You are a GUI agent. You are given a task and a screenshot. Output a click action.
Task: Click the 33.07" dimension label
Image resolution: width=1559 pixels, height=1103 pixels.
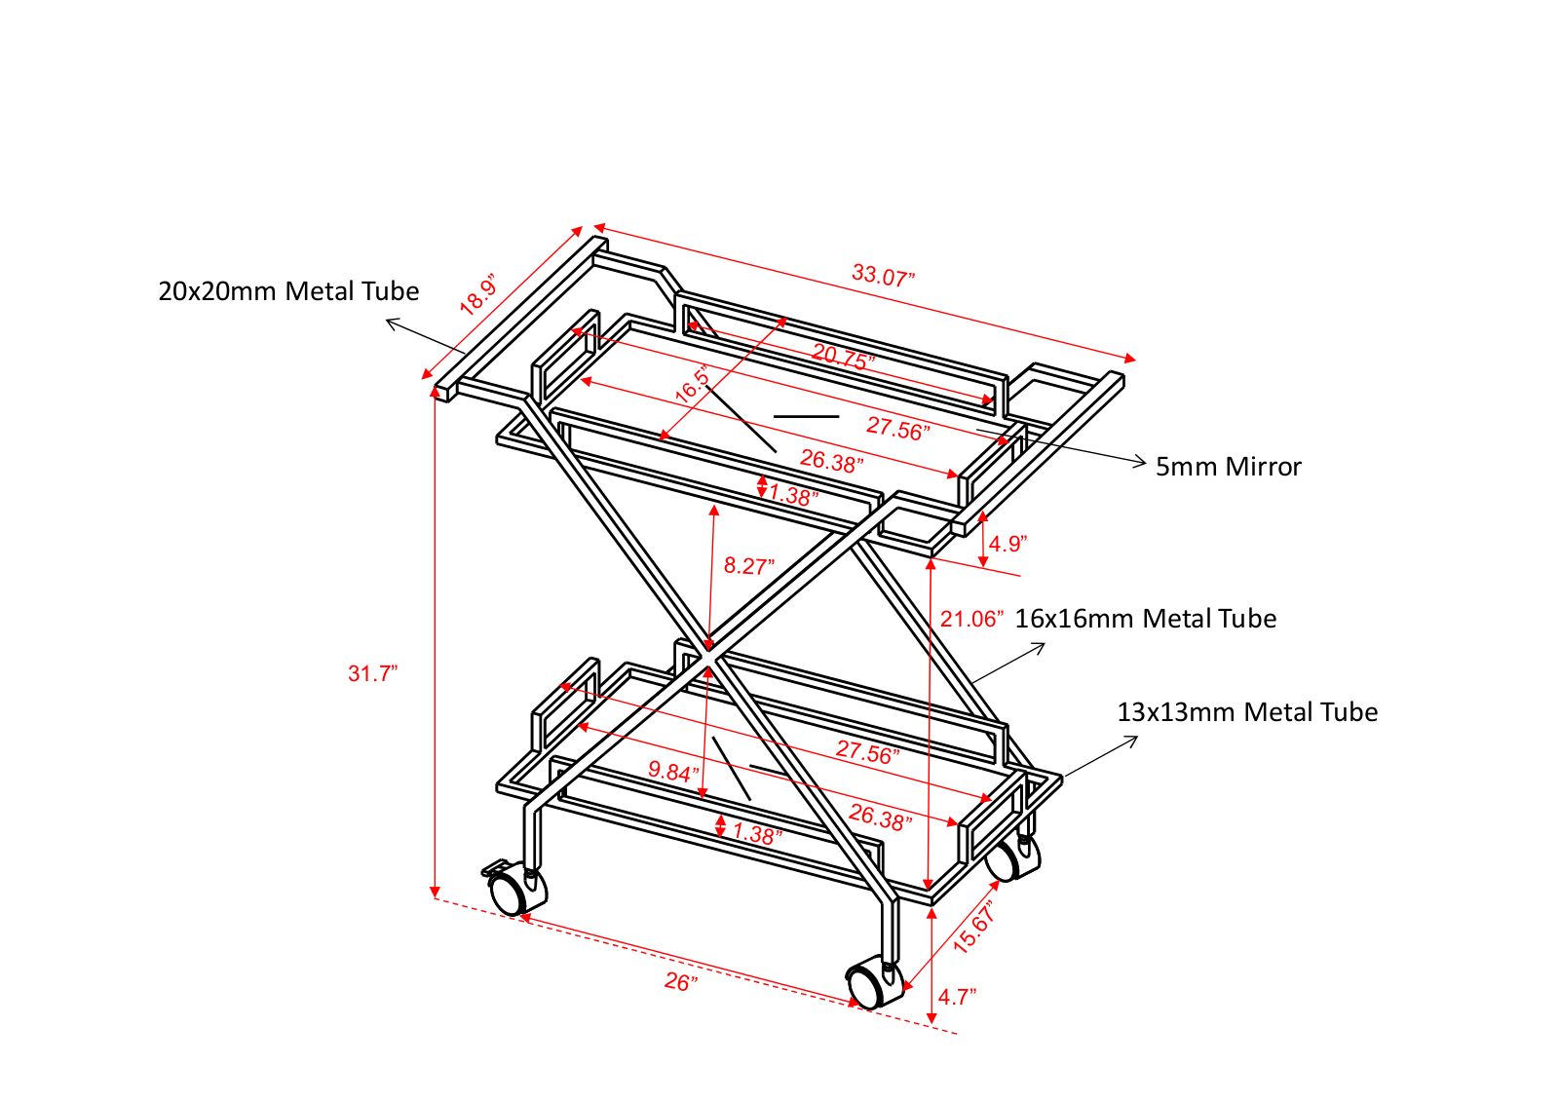pos(883,276)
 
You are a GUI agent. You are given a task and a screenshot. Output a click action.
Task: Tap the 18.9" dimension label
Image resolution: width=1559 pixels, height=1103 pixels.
pos(478,295)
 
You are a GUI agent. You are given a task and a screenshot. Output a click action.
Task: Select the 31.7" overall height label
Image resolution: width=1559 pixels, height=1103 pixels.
pos(372,673)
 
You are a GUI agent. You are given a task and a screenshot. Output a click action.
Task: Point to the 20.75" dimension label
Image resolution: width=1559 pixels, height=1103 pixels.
pos(844,357)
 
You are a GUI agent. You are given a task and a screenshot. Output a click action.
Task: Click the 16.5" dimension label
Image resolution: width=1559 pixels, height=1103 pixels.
pos(693,384)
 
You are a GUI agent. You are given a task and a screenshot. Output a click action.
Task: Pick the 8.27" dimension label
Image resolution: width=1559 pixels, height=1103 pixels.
pos(749,566)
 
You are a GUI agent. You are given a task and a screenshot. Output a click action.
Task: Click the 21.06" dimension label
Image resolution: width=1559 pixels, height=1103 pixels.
pos(971,619)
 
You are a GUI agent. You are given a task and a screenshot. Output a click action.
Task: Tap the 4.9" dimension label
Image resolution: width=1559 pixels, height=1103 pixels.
pos(1008,544)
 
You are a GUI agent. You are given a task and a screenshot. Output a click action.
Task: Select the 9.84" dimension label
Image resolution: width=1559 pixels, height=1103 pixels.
pos(673,771)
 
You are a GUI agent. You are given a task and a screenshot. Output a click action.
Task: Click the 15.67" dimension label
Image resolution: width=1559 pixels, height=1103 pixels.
pos(974,927)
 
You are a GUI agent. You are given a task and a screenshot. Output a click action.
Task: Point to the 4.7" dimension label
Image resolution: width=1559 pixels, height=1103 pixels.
pos(958,997)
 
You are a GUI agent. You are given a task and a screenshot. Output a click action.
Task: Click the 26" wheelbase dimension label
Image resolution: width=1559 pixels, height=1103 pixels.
pos(681,982)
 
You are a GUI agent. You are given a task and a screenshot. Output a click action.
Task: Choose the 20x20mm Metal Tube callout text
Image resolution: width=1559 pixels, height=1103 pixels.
pos(288,291)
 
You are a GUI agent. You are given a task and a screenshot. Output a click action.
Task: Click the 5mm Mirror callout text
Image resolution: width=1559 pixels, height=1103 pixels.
pos(1229,467)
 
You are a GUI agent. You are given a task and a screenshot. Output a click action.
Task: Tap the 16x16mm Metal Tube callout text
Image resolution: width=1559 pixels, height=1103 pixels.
pos(1146,618)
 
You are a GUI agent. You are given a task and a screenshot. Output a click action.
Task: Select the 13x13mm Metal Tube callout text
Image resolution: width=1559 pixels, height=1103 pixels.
pos(1247,712)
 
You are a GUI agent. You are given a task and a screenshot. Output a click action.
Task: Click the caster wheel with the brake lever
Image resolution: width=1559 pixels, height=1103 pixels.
pos(515,890)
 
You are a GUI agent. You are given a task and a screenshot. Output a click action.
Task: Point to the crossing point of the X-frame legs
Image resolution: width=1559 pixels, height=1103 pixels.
pos(707,656)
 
